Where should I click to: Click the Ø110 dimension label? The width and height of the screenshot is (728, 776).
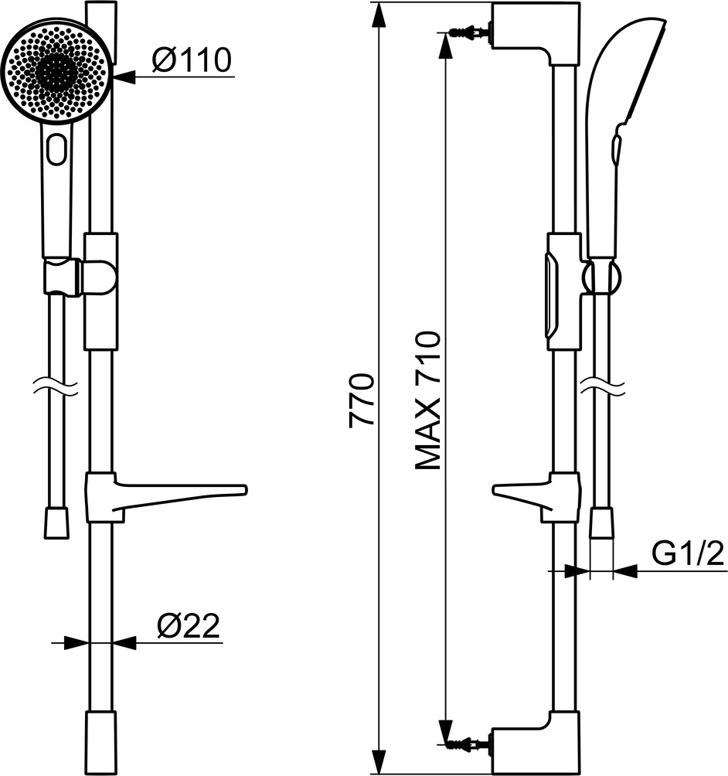pos(192,60)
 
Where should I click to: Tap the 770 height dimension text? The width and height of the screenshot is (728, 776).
pos(361,400)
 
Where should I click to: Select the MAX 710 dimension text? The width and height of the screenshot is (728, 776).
pos(427,400)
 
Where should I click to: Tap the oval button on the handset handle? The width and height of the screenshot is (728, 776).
pos(57,149)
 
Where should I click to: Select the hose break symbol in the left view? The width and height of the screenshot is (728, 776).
pos(56,387)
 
